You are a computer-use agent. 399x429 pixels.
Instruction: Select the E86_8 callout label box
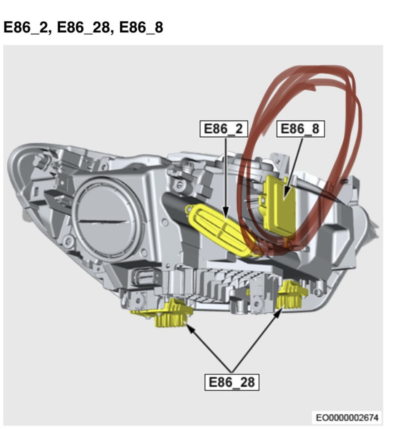(x=300, y=129)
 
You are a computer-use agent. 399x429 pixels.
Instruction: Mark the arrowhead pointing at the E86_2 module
(x=226, y=213)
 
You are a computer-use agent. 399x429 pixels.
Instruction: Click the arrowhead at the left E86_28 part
(x=190, y=327)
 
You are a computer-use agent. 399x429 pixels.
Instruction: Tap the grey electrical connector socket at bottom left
(x=145, y=278)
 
